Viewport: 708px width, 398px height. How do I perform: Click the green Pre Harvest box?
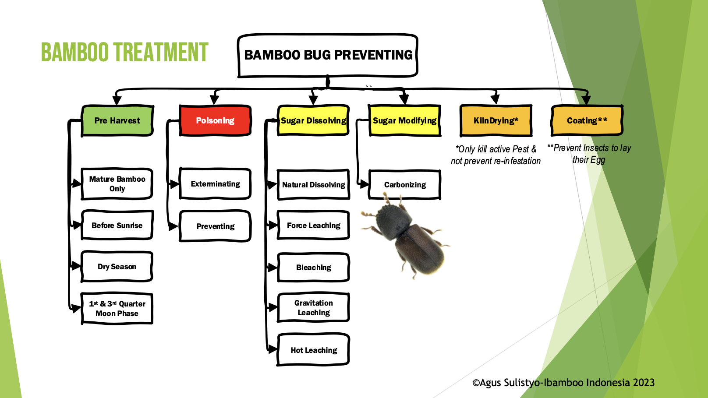coord(117,120)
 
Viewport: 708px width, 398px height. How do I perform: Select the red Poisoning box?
coord(215,120)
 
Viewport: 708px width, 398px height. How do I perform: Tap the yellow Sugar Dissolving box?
coord(313,120)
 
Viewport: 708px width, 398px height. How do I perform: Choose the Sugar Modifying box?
coord(404,120)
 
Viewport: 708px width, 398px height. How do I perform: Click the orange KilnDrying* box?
coord(496,120)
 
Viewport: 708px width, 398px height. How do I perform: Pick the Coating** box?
coord(587,120)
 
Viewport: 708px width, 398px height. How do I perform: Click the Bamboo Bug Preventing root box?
coord(328,55)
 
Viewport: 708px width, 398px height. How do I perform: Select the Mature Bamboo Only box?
coord(117,184)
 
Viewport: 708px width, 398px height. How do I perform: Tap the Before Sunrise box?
coord(117,225)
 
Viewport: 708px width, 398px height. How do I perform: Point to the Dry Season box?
coord(117,267)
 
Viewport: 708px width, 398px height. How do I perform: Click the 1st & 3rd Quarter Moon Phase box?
coord(117,309)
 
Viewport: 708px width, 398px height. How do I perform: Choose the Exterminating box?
coord(215,184)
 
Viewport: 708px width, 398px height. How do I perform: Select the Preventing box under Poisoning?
coord(215,226)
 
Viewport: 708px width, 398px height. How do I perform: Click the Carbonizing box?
coord(405,185)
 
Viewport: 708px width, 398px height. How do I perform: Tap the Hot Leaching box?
coord(314,350)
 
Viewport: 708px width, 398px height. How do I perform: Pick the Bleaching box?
coord(314,268)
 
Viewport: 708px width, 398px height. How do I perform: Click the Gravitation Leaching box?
coord(314,308)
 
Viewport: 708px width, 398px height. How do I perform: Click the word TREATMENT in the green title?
coord(161,53)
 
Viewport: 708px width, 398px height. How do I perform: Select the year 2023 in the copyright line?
coord(644,383)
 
